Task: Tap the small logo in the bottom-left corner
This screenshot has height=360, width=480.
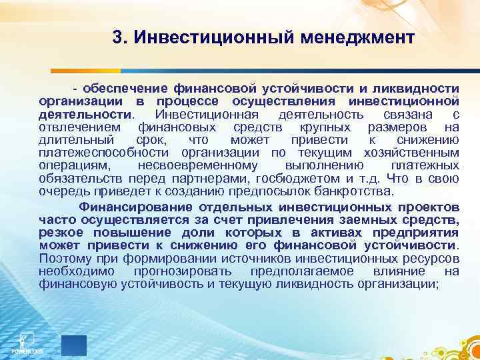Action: [x=27, y=343]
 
